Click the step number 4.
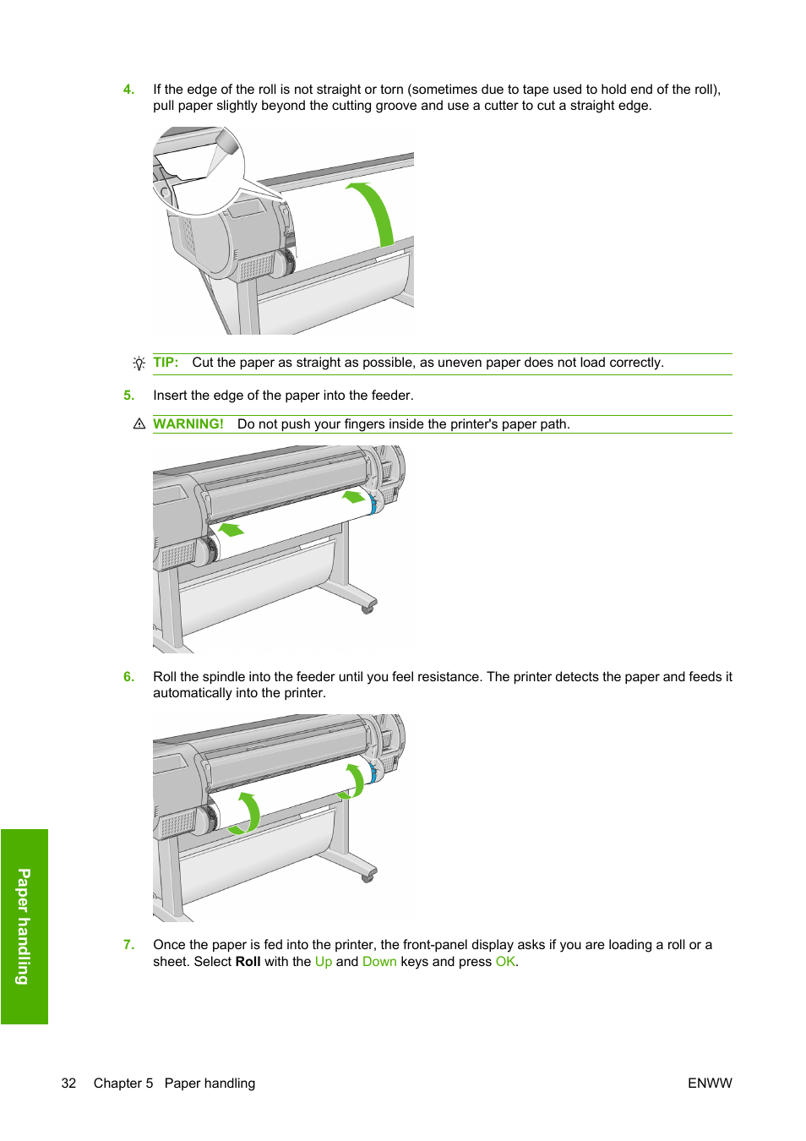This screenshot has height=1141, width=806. click(x=128, y=90)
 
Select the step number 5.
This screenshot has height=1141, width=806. click(x=128, y=396)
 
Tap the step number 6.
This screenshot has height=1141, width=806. click(x=128, y=677)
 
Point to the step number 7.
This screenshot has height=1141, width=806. click(x=128, y=945)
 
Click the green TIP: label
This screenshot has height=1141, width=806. click(x=166, y=363)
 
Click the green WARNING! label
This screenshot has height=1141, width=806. click(x=188, y=424)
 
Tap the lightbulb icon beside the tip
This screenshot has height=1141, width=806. click(x=139, y=363)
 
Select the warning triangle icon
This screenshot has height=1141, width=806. click(x=139, y=424)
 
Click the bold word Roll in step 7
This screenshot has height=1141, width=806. click(x=248, y=962)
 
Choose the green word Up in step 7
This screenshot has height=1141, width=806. click(x=324, y=962)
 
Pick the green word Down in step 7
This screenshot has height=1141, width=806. click(x=379, y=962)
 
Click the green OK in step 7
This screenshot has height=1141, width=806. click(x=505, y=962)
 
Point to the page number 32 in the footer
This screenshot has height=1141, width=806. click(x=68, y=1084)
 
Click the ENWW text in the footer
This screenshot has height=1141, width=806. click(x=710, y=1084)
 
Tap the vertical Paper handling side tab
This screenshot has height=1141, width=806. click(x=25, y=926)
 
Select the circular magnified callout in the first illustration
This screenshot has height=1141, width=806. click(x=198, y=170)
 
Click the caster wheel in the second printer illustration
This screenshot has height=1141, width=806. click(x=368, y=608)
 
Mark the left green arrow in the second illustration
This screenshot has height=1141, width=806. click(x=231, y=530)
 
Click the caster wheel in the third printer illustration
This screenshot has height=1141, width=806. click(x=368, y=877)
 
